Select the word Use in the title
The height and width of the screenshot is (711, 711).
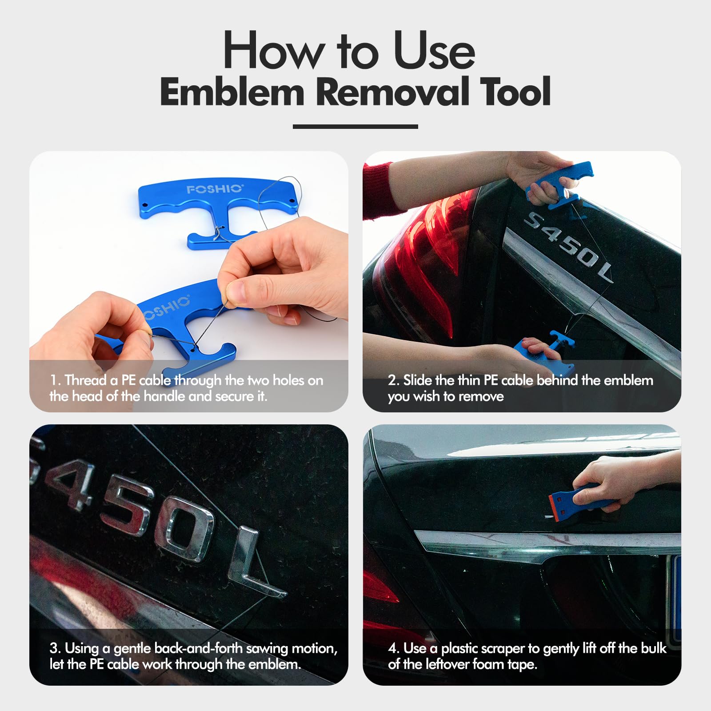click(x=434, y=50)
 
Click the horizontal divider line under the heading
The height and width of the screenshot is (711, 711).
click(x=355, y=127)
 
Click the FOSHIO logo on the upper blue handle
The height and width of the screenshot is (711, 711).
click(x=215, y=189)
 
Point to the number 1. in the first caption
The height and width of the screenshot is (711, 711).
click(x=55, y=380)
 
